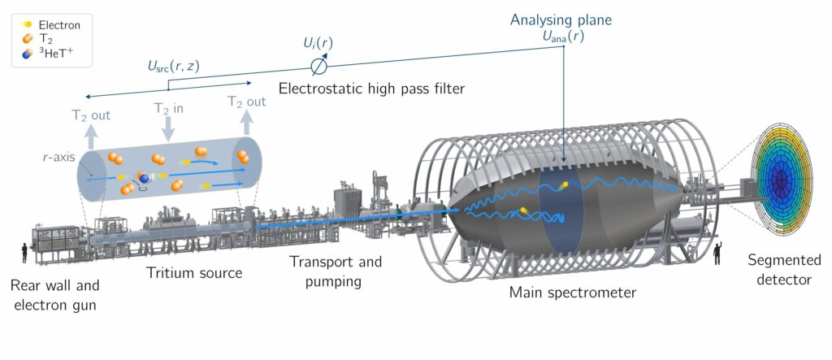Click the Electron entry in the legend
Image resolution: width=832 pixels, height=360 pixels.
[50, 24]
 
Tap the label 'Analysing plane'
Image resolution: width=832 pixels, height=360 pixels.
[561, 20]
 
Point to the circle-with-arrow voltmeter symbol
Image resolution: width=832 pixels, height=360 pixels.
[320, 65]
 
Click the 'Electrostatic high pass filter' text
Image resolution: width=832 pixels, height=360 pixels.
[371, 88]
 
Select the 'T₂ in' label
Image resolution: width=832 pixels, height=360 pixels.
[169, 108]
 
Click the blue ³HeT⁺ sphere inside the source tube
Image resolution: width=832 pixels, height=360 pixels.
[144, 178]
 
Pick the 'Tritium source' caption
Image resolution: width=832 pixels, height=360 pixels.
[194, 273]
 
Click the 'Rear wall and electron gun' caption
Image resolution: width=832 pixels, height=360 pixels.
[54, 295]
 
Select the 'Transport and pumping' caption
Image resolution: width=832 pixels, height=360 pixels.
[336, 271]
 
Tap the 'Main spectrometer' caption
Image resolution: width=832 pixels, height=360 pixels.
[573, 292]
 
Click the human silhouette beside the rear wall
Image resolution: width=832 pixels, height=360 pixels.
[25, 254]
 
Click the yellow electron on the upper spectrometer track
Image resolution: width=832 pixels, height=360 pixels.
[565, 184]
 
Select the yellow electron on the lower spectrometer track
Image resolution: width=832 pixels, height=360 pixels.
[523, 210]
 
